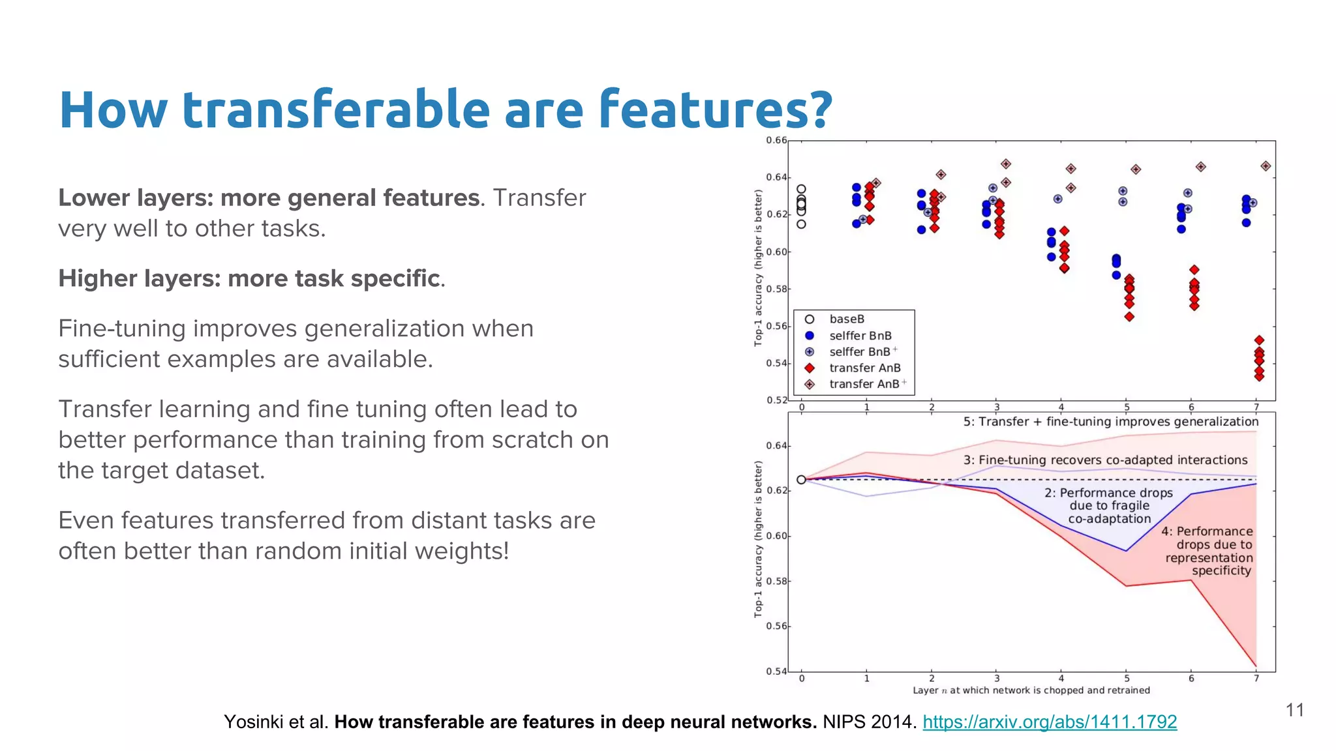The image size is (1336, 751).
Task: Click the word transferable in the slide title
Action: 335,110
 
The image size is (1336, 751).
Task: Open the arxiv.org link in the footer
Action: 1049,722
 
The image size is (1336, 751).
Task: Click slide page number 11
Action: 1294,710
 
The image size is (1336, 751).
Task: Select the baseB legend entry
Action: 846,319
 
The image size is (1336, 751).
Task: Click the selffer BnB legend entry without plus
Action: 860,335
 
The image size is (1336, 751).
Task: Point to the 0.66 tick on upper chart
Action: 776,140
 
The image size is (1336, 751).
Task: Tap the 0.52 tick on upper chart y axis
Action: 776,400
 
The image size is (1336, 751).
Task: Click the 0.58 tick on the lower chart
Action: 776,581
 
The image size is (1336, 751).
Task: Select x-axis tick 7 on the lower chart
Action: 1256,678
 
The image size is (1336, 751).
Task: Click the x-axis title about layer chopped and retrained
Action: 1031,690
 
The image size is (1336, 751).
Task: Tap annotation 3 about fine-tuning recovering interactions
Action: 1105,460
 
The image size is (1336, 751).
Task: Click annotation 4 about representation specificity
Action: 1208,551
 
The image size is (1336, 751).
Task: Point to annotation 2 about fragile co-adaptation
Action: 1109,506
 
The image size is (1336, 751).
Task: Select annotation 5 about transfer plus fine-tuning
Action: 1110,422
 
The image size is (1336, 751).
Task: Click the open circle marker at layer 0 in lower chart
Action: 801,480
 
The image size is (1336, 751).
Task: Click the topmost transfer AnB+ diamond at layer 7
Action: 1265,166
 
